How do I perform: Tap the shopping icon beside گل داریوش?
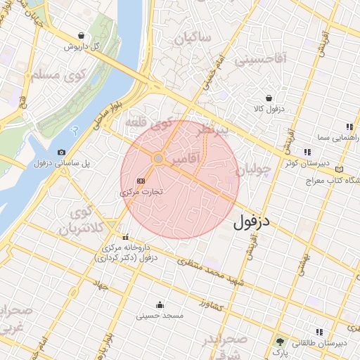click(82, 35)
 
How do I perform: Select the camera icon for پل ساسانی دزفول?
click(61, 153)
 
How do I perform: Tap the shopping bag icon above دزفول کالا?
click(269, 98)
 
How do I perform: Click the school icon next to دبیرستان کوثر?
click(307, 152)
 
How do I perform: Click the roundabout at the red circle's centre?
click(159, 160)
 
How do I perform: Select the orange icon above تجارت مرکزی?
click(141, 180)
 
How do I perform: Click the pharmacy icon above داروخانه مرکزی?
click(125, 237)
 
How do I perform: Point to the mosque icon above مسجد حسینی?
click(160, 304)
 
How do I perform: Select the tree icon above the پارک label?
click(281, 340)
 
